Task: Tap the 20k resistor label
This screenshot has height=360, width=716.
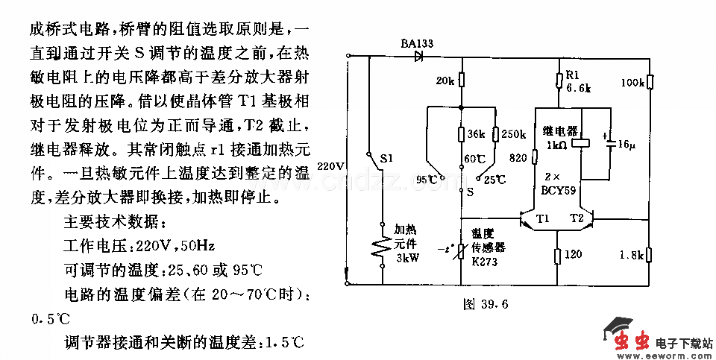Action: point(445,80)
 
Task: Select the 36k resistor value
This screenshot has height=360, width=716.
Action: point(477,135)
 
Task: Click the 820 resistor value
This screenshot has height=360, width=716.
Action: point(519,158)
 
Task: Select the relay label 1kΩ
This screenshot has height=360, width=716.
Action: point(555,145)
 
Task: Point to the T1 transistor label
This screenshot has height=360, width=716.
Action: point(542,218)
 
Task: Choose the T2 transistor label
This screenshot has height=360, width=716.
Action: point(577,218)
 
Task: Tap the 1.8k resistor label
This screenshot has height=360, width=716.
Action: point(631,256)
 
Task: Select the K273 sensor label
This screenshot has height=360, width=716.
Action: point(485,262)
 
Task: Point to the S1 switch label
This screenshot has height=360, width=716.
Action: point(387,159)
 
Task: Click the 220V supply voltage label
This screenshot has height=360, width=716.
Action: point(330,165)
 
